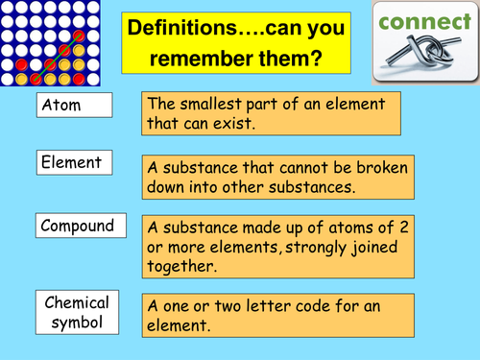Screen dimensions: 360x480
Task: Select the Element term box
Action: tap(76, 163)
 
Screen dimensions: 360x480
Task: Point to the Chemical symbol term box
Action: tap(77, 311)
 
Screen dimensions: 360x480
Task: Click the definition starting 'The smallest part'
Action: tap(277, 114)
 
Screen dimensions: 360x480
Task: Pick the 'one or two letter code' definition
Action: tap(277, 316)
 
